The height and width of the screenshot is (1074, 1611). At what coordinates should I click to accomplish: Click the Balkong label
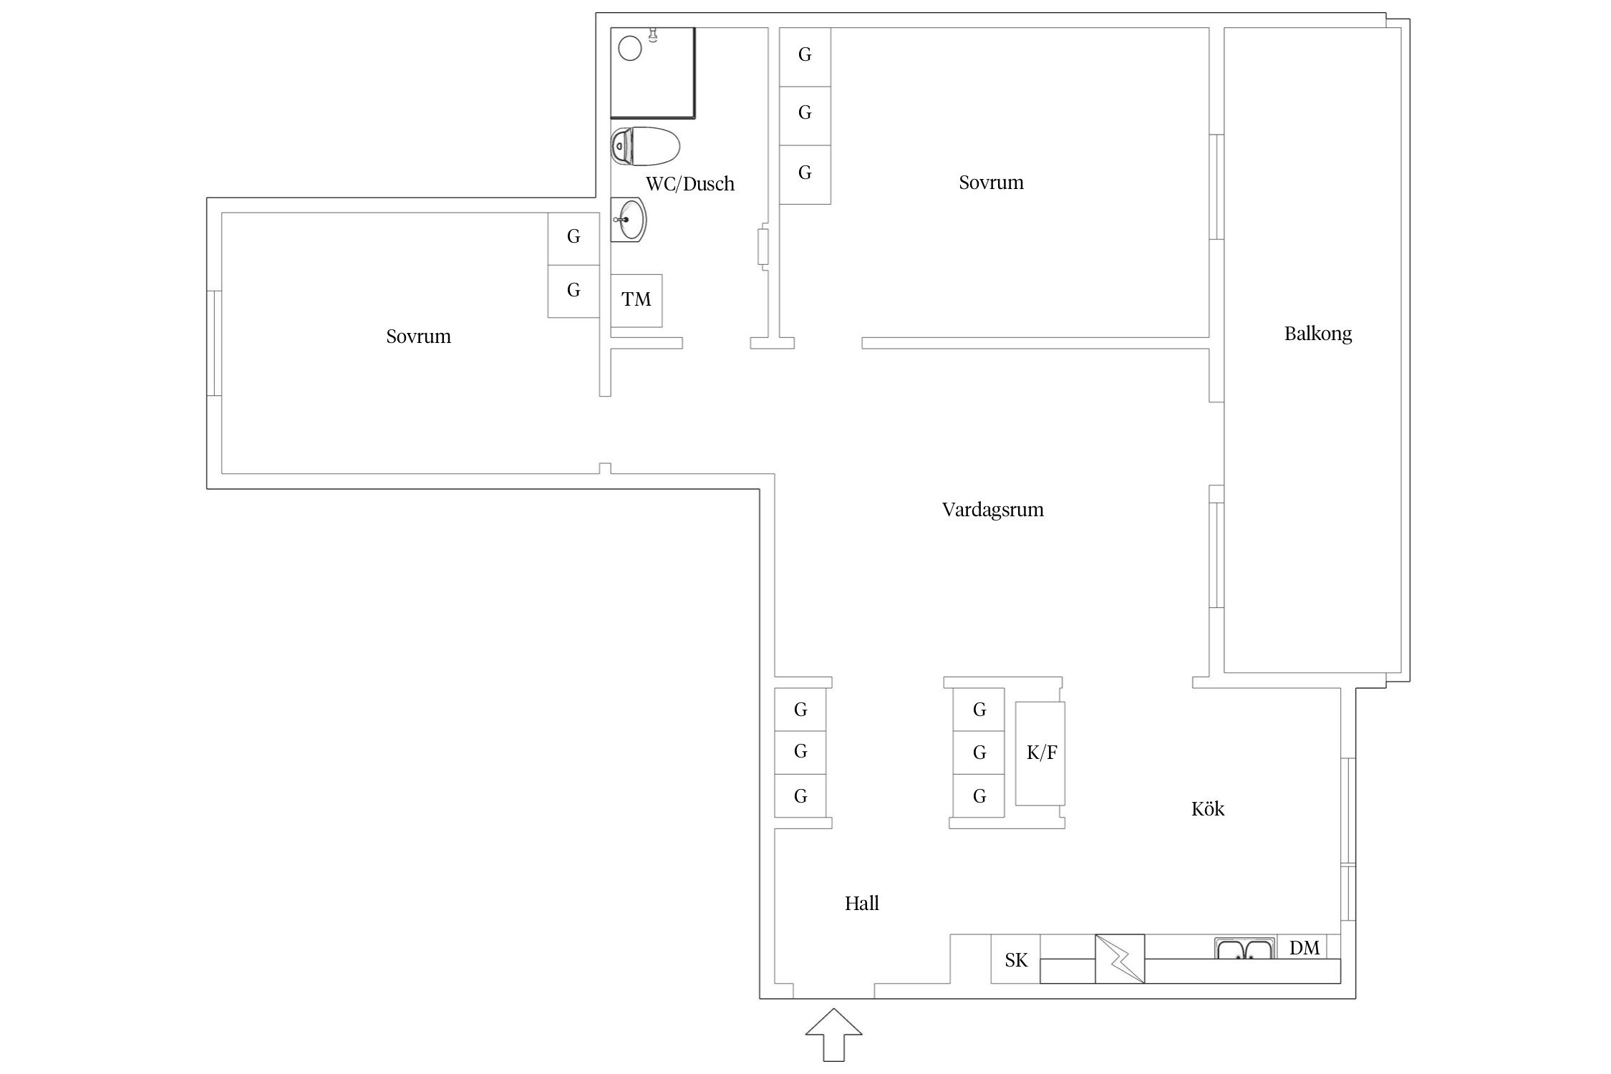tap(1317, 334)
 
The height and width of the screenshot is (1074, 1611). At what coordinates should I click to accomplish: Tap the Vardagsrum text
tap(992, 510)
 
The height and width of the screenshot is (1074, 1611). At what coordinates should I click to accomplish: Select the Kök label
tap(1208, 808)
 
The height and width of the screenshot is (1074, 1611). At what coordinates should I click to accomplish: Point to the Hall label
tap(861, 903)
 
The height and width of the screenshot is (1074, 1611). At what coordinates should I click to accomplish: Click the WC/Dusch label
tap(690, 184)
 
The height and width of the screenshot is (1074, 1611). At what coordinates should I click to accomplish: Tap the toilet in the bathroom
tap(644, 146)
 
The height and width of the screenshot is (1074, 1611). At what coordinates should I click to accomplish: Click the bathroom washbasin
tap(629, 220)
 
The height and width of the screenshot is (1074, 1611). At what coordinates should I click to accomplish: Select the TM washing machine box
tap(636, 301)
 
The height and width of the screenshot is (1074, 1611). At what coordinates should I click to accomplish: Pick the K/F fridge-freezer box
tap(1040, 753)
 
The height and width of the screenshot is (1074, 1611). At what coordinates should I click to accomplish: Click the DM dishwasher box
tap(1304, 947)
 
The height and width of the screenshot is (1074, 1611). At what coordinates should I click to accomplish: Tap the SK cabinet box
tap(1015, 959)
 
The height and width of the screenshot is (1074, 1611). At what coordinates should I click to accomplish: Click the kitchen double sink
tap(1245, 948)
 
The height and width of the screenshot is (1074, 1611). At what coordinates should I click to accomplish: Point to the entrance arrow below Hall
tap(833, 1035)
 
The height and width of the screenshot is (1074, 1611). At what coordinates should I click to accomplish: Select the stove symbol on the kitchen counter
tap(1120, 959)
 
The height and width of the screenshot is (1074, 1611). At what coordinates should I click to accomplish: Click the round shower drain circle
tap(630, 49)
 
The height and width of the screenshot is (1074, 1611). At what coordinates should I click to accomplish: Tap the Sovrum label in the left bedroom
tap(418, 337)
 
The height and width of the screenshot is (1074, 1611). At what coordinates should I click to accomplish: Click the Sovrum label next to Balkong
tap(991, 183)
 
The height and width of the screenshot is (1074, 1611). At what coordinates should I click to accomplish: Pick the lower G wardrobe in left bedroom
tap(574, 291)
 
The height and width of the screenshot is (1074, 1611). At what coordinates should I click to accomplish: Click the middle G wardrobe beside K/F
tap(979, 753)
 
